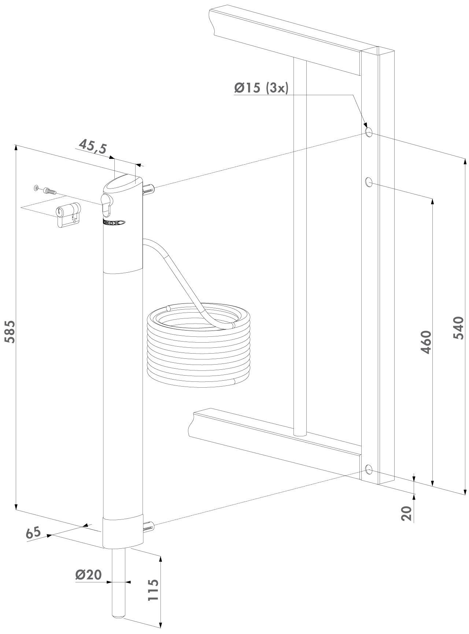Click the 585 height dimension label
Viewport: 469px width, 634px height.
pos(10,332)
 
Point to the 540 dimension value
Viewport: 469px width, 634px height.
pos(458,328)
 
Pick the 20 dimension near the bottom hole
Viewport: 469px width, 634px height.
pos(406,513)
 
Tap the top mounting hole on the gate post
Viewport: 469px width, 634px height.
pos(369,132)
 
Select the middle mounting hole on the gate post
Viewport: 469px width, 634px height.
pos(369,181)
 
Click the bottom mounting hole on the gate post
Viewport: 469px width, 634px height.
pos(369,469)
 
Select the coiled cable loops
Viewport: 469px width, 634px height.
pos(199,344)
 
